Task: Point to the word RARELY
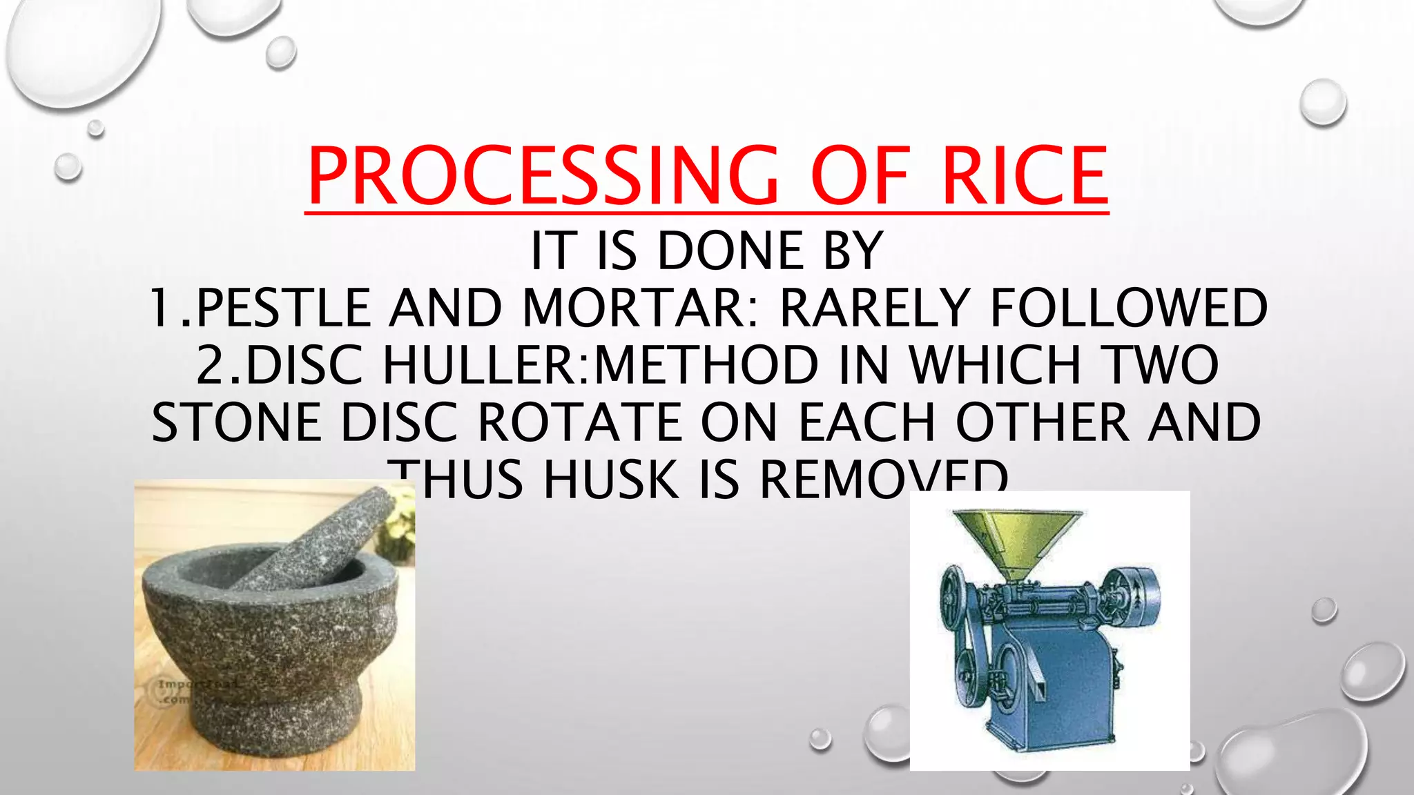coord(874,308)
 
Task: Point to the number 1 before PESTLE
coord(160,308)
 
